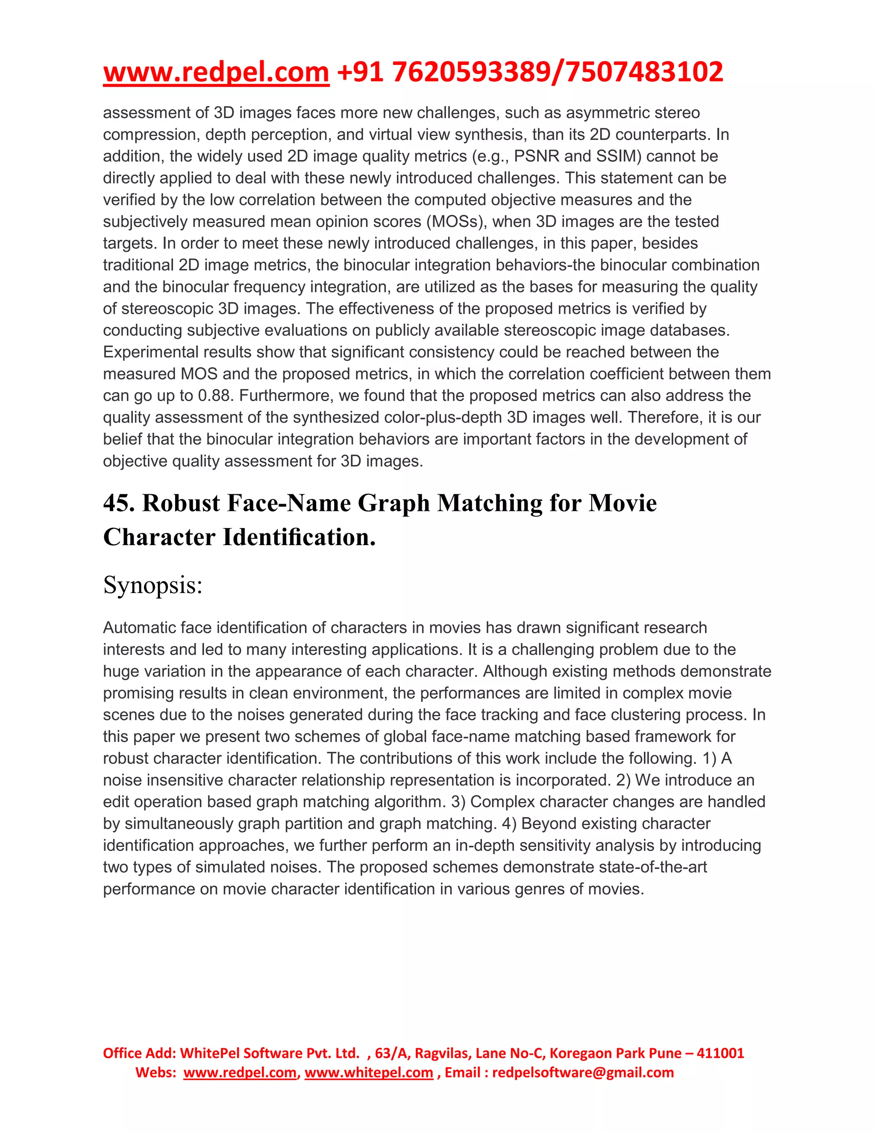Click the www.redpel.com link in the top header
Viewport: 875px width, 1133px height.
click(216, 72)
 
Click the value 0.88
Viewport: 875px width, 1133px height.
click(214, 396)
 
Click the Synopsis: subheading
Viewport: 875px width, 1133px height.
click(153, 585)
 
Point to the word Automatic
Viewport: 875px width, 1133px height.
click(139, 628)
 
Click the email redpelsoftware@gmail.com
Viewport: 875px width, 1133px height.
click(583, 1072)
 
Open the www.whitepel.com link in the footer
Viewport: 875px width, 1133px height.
click(369, 1072)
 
